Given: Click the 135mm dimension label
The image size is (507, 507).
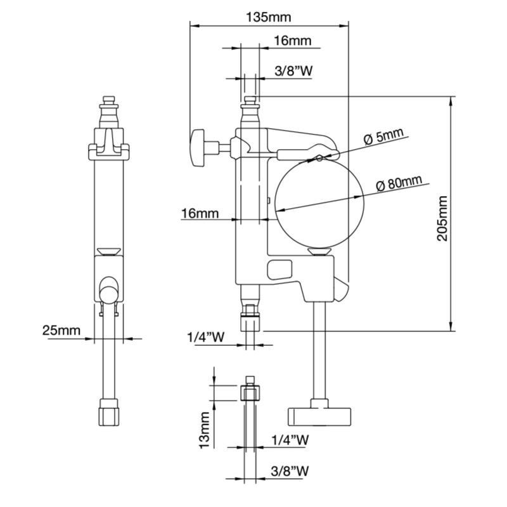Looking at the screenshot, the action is [x=268, y=17].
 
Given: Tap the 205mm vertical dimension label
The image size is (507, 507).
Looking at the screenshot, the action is [x=442, y=218].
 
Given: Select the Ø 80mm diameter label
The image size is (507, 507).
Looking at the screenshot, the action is [x=399, y=183].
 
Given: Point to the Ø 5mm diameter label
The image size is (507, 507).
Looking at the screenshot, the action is [x=383, y=136].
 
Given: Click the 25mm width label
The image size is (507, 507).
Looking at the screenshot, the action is [x=61, y=330].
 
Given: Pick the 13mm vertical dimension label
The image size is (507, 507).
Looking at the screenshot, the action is [x=204, y=430].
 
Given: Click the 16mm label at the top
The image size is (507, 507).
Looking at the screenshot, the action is [x=293, y=41].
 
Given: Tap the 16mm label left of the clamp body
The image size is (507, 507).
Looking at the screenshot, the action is [x=200, y=213].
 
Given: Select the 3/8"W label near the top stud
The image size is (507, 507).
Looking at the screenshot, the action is [x=293, y=70].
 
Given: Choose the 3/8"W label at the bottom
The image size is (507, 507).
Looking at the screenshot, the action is [x=290, y=471].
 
